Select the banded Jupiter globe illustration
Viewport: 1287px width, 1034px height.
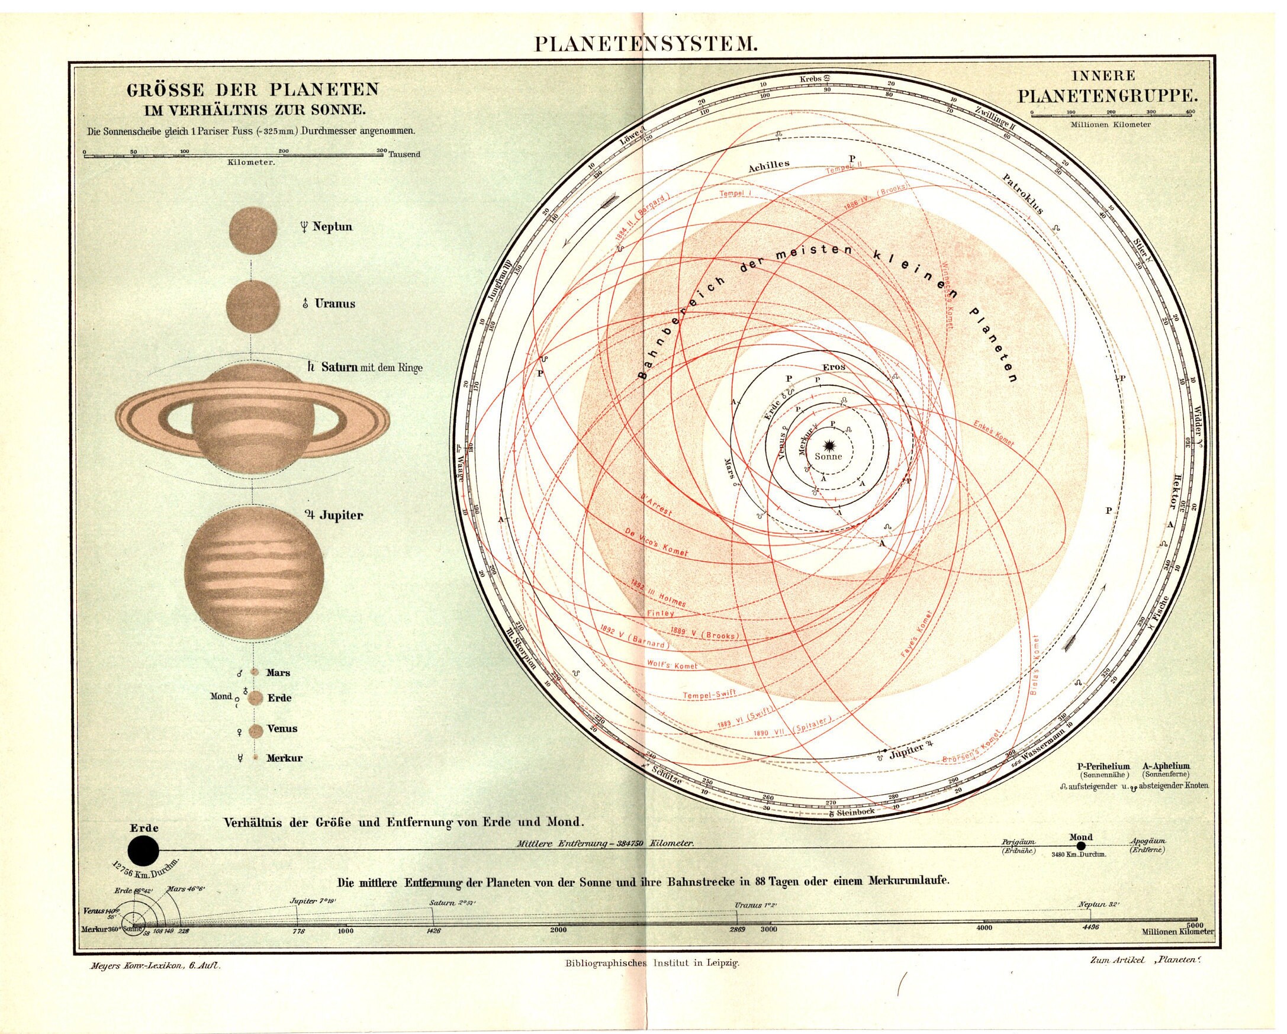[254, 575]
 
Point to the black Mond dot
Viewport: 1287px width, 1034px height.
[1080, 847]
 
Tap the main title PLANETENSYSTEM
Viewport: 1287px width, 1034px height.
[645, 46]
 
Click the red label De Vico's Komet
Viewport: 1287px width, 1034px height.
[656, 542]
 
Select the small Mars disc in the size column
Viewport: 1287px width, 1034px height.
[255, 672]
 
